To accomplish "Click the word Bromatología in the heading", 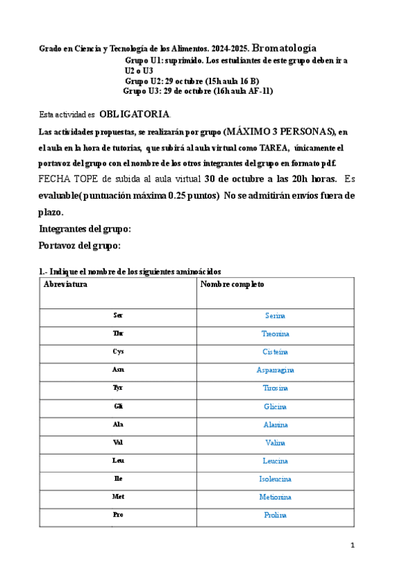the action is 284,48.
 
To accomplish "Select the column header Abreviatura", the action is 66,284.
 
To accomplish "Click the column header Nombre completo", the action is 232,284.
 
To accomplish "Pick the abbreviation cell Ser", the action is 119,316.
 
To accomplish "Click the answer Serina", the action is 275,316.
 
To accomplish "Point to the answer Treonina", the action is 275,334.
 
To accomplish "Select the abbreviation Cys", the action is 119,352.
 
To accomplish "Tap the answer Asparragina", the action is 275,370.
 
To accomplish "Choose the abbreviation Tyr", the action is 119,388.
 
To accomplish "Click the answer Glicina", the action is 275,407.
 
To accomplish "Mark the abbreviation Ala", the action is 119,425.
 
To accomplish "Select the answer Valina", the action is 275,443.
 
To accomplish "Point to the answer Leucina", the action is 275,461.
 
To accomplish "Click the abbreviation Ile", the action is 119,479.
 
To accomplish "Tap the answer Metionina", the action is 275,497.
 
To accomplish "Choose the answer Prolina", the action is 275,515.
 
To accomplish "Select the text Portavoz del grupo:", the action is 80,246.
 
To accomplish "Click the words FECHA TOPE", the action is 65,179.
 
